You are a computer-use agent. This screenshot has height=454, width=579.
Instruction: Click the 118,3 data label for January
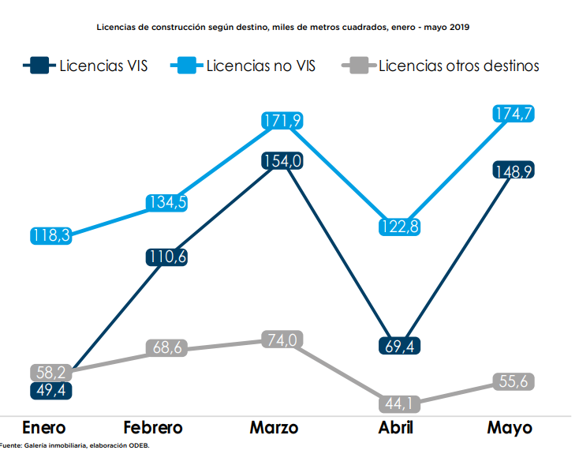point(50,235)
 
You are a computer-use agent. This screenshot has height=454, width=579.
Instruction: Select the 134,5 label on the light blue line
point(166,203)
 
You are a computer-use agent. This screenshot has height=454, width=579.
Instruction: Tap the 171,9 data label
point(282,122)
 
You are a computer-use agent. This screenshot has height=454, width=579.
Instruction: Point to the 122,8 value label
point(399,227)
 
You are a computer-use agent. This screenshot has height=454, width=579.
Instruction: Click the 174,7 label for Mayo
point(514,114)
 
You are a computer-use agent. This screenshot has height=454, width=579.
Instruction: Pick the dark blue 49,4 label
point(50,390)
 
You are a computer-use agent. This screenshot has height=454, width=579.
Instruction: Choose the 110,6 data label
point(166,257)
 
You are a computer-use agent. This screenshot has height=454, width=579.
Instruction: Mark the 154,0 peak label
point(282,161)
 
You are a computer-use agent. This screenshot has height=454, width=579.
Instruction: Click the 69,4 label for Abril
point(399,345)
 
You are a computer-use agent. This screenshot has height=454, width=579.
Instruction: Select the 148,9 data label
point(514,171)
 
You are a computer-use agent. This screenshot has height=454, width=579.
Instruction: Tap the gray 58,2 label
point(50,372)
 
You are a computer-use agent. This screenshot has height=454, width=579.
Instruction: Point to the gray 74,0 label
point(282,340)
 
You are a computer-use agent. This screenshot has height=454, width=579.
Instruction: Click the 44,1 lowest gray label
point(399,404)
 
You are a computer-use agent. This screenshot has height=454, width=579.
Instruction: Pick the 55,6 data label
point(514,381)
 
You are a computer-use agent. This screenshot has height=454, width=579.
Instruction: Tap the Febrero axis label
point(153,428)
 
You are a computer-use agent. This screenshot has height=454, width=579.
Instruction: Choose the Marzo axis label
point(274,428)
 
